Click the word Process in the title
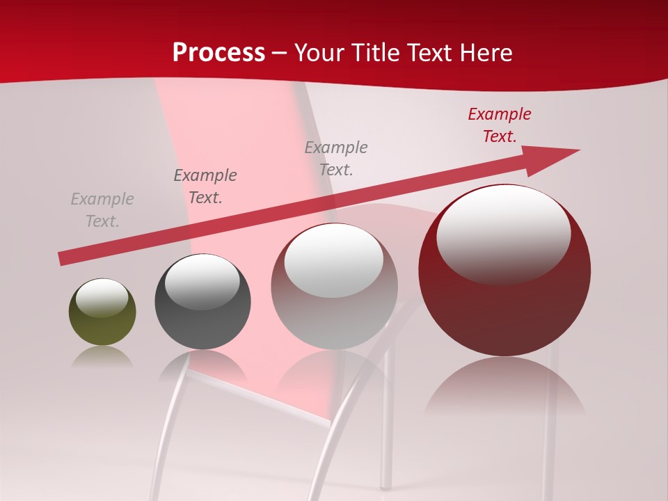pos(218,53)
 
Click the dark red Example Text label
pos(499,125)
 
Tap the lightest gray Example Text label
pos(102,210)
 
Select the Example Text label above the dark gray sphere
pos(205,186)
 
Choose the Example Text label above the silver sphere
pos(336,159)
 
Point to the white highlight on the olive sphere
pos(102,297)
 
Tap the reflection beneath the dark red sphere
pos(504,386)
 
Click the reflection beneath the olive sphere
pos(102,356)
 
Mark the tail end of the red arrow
pos(63,259)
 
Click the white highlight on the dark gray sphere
pos(202,280)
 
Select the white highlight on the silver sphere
pos(334,260)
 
